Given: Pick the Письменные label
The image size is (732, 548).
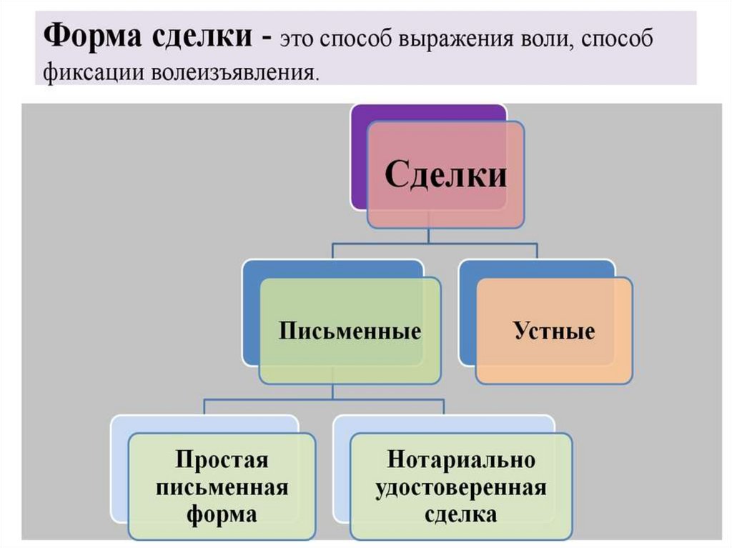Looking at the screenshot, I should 350,332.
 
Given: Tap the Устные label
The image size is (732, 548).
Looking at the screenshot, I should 554,331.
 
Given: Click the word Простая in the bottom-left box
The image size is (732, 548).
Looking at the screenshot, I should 222,459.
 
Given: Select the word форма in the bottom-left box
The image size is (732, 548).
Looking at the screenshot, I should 222,514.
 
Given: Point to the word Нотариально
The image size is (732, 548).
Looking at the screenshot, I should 461,459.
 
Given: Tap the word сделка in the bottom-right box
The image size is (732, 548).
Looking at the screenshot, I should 461,514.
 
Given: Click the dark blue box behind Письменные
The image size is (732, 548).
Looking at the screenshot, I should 252,314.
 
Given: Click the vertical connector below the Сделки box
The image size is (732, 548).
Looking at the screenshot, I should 427,236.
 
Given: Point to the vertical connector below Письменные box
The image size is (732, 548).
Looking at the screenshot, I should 332,391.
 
